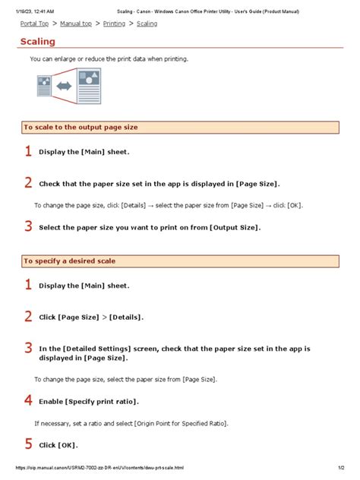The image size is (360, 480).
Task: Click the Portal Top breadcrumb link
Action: pyautogui.click(x=35, y=24)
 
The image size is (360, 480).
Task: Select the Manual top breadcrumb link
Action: pyautogui.click(x=76, y=24)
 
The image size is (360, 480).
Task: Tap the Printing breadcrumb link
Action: pyautogui.click(x=114, y=24)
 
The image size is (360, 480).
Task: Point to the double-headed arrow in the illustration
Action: pyautogui.click(x=64, y=86)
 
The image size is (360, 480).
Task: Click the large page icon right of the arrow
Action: pyautogui.click(x=87, y=82)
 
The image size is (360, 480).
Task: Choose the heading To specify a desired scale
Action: pyautogui.click(x=70, y=261)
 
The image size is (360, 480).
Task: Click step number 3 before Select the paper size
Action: pyautogui.click(x=28, y=226)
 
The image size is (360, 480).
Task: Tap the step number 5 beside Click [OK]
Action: pyautogui.click(x=28, y=444)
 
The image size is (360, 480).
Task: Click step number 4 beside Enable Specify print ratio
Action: pyautogui.click(x=28, y=399)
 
